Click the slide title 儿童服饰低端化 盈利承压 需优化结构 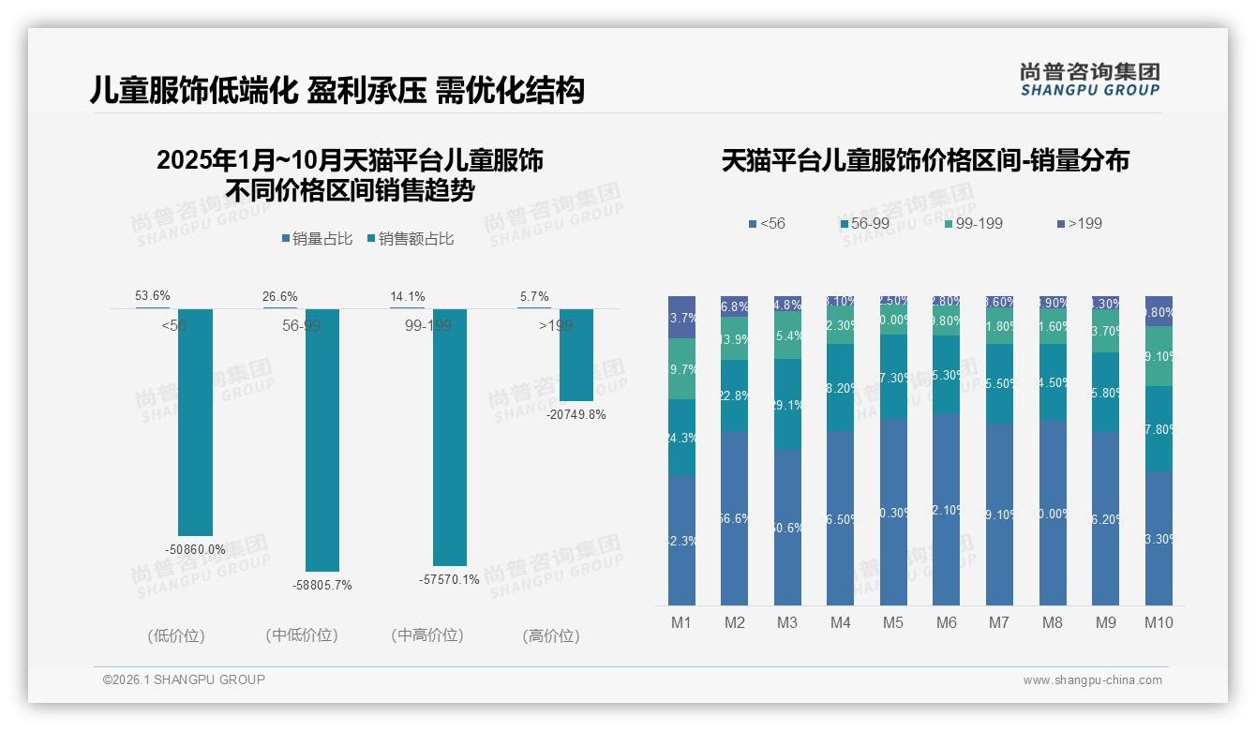tap(336, 90)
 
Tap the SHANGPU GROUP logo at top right tap(1089, 80)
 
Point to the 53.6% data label tap(153, 296)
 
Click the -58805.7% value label tap(322, 585)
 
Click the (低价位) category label tap(176, 635)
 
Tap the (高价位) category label tap(551, 635)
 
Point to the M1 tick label tap(681, 622)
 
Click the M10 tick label tap(1159, 622)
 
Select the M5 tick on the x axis tap(893, 622)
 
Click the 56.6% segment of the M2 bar tap(735, 518)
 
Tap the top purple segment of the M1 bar tap(681, 317)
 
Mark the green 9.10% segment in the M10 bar tap(1159, 356)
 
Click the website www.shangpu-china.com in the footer tap(1092, 680)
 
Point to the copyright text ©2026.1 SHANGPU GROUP tap(184, 679)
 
